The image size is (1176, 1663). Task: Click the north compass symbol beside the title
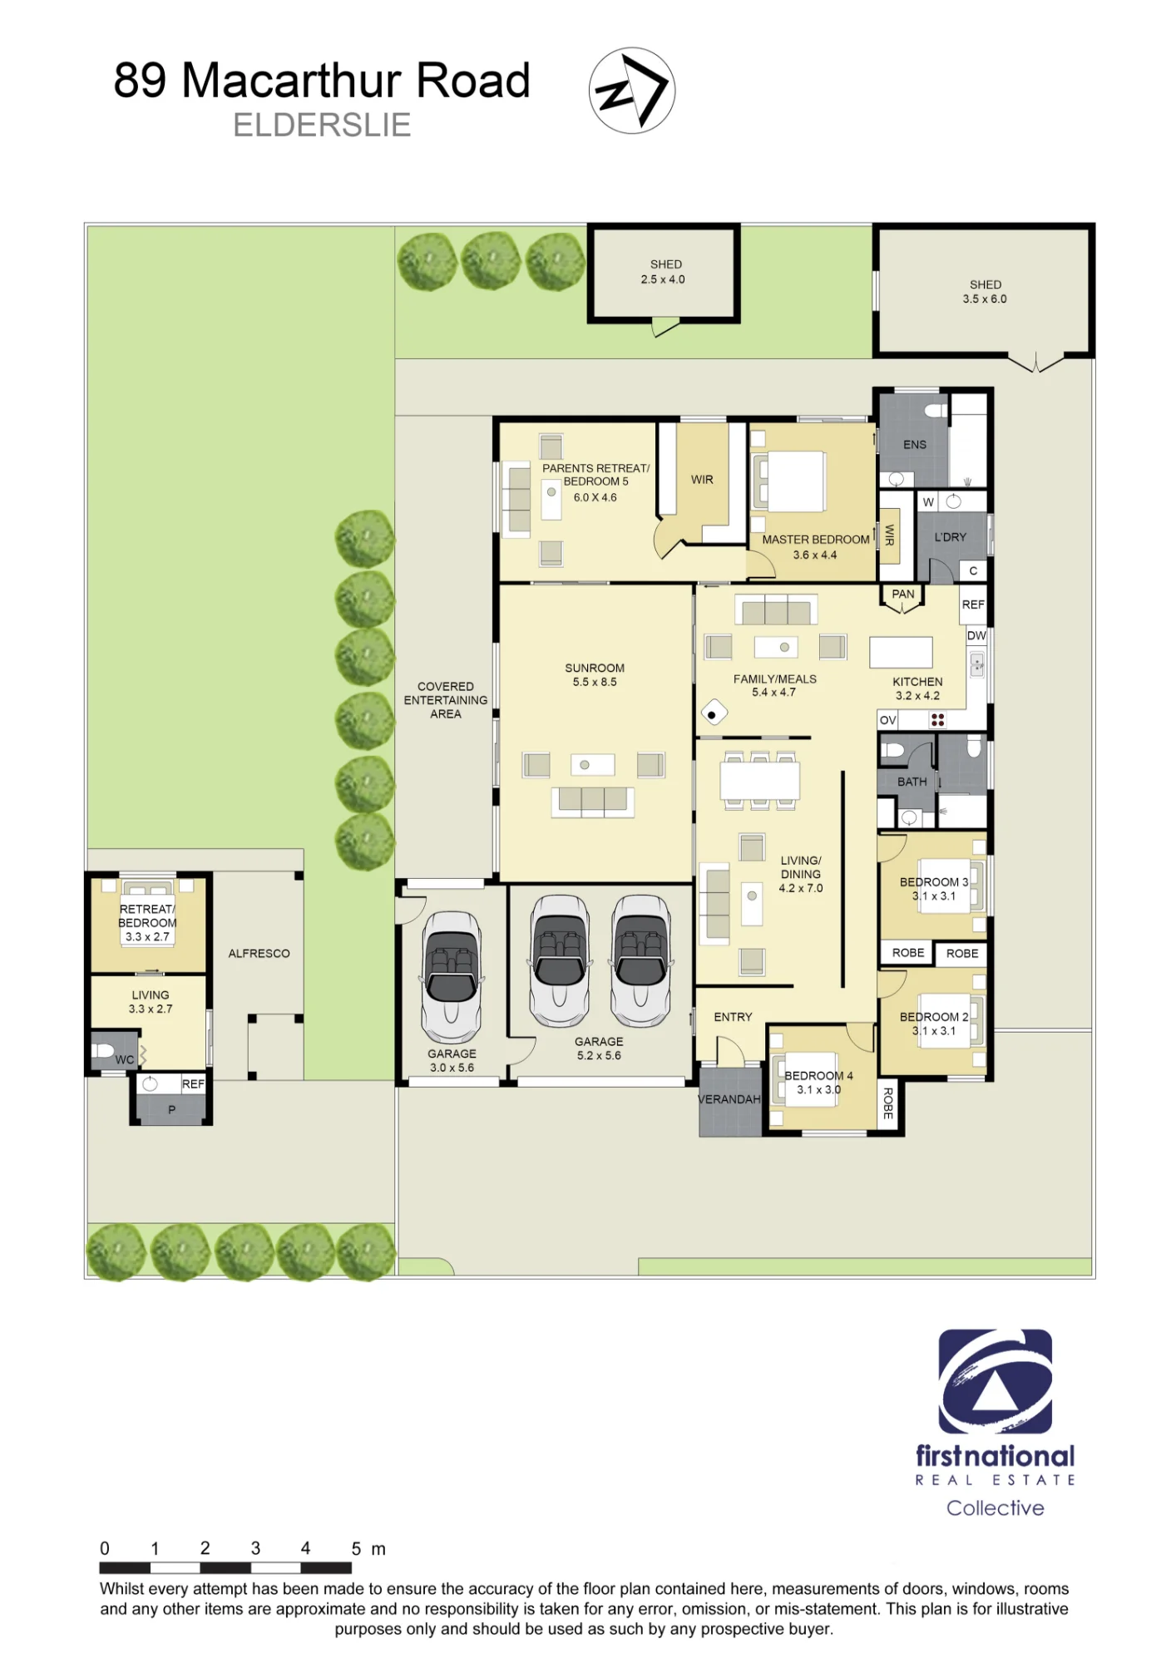pyautogui.click(x=631, y=91)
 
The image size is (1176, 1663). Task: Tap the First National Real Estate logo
pyautogui.click(x=995, y=1423)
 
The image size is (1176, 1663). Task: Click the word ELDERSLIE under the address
pyautogui.click(x=322, y=125)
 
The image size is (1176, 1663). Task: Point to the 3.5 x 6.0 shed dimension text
pyautogui.click(x=985, y=299)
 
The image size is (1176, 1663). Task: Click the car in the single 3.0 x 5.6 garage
pyautogui.click(x=451, y=978)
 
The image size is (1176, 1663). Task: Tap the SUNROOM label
pyautogui.click(x=595, y=668)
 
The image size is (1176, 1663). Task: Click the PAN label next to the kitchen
pyautogui.click(x=903, y=594)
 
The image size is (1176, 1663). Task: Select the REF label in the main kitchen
pyautogui.click(x=973, y=605)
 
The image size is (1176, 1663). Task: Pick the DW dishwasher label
pyautogui.click(x=976, y=635)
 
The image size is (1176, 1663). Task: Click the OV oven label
pyautogui.click(x=888, y=720)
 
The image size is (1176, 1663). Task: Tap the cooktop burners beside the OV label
pyautogui.click(x=937, y=720)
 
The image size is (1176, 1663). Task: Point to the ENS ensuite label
pyautogui.click(x=915, y=445)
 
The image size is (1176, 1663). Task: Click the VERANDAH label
pyautogui.click(x=729, y=1099)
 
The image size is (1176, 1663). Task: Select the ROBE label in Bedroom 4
pyautogui.click(x=888, y=1103)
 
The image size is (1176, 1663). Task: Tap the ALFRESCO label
pyautogui.click(x=259, y=954)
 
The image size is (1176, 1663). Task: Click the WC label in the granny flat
pyautogui.click(x=125, y=1059)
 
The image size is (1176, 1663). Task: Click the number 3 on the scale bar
pyautogui.click(x=255, y=1548)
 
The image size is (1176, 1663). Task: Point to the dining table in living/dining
pyautogui.click(x=760, y=781)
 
